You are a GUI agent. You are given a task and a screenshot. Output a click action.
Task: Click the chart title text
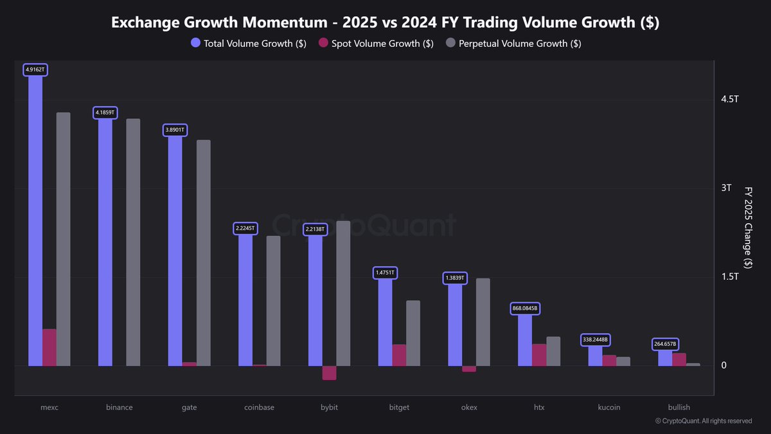click(385, 23)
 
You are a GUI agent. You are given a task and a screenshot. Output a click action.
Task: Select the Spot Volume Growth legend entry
click(377, 44)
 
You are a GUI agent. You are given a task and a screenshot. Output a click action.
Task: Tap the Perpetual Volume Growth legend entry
click(515, 44)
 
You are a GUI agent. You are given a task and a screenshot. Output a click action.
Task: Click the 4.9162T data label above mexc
click(35, 69)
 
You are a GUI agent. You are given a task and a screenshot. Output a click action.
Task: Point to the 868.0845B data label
click(525, 309)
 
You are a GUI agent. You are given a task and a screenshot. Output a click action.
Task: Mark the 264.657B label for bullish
click(666, 344)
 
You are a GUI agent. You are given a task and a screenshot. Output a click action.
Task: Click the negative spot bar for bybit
click(329, 373)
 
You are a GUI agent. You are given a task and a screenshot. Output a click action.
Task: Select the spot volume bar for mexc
click(49, 347)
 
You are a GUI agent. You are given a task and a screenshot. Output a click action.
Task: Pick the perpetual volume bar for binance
click(133, 242)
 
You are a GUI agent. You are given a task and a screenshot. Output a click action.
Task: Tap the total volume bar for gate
click(175, 251)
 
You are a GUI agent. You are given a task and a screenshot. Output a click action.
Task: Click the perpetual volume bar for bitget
click(413, 333)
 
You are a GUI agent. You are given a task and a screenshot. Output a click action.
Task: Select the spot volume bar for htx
click(539, 355)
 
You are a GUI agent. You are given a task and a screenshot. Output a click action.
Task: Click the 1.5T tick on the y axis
click(730, 276)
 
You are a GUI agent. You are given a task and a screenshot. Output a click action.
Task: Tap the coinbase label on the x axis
click(259, 407)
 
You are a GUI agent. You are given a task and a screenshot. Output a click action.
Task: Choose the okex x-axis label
click(469, 407)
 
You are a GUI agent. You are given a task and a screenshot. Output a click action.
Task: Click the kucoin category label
click(609, 407)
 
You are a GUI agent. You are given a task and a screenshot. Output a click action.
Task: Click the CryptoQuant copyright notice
click(703, 421)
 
